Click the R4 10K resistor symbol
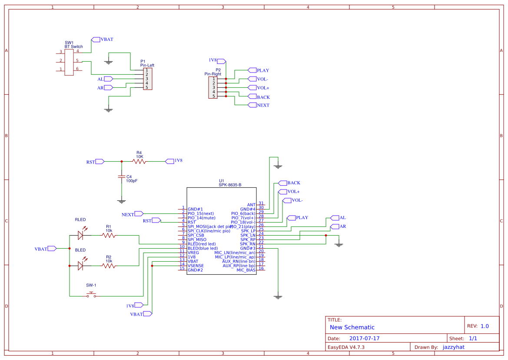139,161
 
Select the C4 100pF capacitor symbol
122,177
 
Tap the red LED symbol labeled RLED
80,235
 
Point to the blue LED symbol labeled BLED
80,265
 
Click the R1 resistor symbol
109,235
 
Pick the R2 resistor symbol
109,266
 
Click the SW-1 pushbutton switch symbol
91,295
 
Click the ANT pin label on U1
251,205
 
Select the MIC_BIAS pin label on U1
246,270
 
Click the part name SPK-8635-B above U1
230,185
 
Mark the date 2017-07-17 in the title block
364,338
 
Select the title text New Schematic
352,327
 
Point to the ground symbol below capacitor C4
122,201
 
